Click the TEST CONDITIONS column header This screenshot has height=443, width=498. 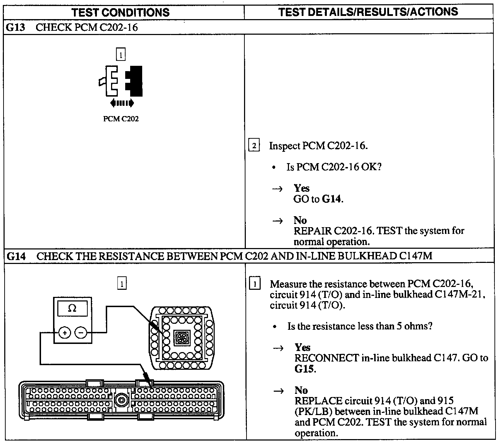coord(121,13)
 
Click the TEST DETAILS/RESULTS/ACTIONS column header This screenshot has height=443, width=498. coord(368,12)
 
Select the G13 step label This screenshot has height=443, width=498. coord(16,27)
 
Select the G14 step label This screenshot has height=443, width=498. coord(16,256)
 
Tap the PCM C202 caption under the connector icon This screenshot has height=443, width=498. coord(121,119)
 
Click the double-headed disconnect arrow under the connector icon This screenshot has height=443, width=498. coord(122,103)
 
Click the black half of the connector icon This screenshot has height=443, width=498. coord(135,81)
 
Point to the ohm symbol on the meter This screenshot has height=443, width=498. coord(72,308)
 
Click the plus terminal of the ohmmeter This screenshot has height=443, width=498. coord(65,333)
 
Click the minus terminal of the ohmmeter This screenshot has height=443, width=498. coord(81,333)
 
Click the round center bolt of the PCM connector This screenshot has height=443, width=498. coord(121,401)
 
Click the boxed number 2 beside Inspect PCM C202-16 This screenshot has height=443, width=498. coord(254,146)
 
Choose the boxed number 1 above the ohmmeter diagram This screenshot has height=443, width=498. coord(122,284)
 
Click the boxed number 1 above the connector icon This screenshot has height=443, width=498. coord(121,55)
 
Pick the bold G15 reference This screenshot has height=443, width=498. coord(305,369)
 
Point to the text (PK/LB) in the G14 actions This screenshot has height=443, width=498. coord(313,412)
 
